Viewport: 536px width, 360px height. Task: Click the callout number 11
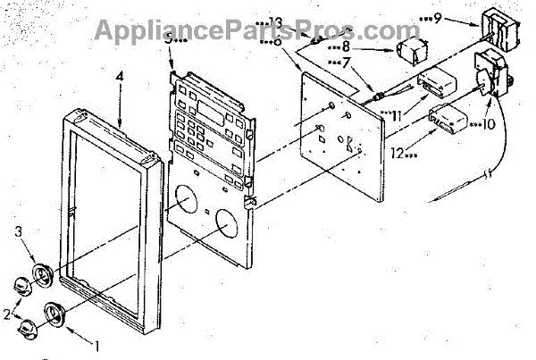tap(394, 114)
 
